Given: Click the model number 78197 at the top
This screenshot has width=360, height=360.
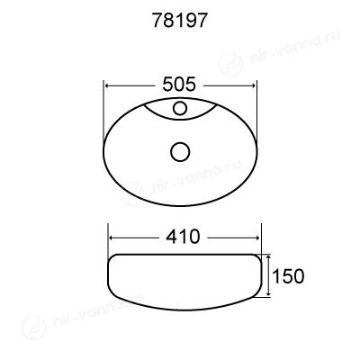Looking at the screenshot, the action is (180, 21).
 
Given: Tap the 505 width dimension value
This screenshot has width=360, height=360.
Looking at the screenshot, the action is (179, 85).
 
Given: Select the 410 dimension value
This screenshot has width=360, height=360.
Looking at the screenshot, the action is (183, 237).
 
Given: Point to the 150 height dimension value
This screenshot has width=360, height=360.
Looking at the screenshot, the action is (288, 276).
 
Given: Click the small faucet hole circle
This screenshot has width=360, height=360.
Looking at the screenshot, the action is (180, 108).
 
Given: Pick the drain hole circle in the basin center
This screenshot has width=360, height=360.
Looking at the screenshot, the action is (180, 152).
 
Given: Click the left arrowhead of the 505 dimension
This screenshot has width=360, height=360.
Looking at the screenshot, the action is (107, 85).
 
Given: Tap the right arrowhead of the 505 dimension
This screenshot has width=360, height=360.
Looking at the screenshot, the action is (253, 85).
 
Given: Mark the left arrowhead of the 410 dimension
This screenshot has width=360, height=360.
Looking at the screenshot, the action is (112, 238).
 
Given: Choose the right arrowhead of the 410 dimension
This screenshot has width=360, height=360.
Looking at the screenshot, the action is (257, 238).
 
